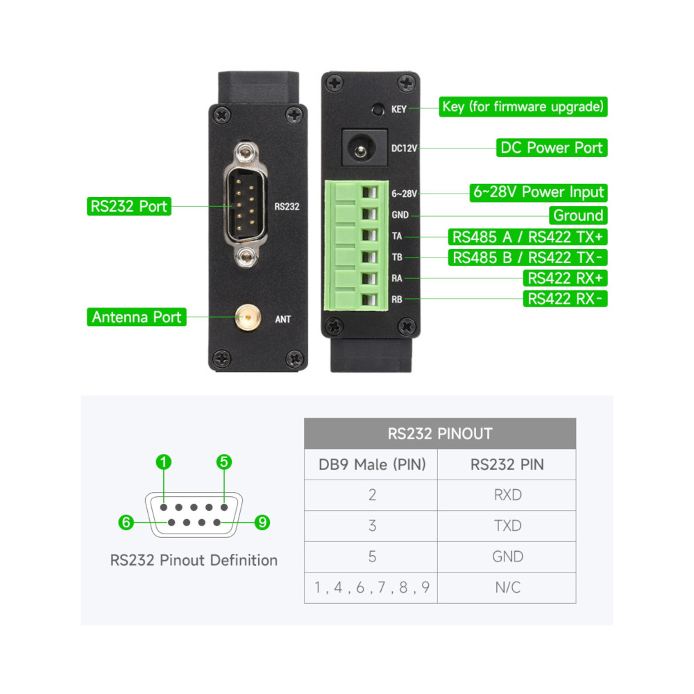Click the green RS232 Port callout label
[129, 206]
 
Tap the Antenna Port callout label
[136, 317]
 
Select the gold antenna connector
[248, 317]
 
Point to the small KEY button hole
[378, 109]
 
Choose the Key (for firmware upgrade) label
[523, 107]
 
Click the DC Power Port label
[552, 147]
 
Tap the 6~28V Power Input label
[539, 192]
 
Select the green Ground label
[578, 216]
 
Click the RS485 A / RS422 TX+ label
[527, 237]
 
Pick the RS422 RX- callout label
[565, 298]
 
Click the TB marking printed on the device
[397, 257]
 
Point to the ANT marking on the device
[283, 319]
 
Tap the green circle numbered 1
[164, 462]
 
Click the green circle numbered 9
[262, 523]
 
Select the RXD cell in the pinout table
[507, 495]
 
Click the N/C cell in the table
[507, 587]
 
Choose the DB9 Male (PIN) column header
[372, 464]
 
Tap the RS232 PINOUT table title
[440, 434]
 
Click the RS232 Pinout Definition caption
[194, 560]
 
